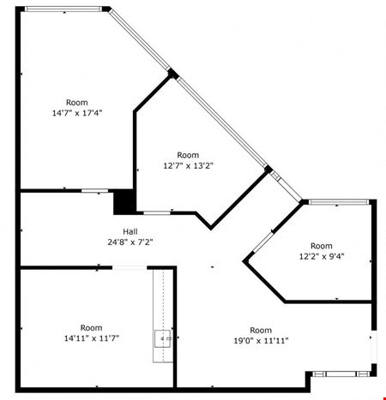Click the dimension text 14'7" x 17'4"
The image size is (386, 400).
tap(77, 113)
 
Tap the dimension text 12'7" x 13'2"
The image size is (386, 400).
tap(188, 165)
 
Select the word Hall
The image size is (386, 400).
tap(130, 231)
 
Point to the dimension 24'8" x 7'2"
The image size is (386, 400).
tap(130, 242)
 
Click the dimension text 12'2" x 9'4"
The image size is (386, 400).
tap(322, 256)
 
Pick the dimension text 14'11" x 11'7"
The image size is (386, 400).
tap(92, 338)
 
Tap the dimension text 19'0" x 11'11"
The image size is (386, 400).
tap(261, 341)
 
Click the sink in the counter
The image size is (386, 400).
tap(163, 339)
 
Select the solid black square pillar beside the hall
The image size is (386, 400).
tap(124, 201)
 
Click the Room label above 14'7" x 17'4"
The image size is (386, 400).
tap(77, 103)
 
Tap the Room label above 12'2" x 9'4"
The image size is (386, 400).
tap(322, 246)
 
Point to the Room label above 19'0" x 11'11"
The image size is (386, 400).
tap(261, 330)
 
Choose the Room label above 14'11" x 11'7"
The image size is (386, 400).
tap(92, 328)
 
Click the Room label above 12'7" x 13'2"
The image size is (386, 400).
tap(188, 155)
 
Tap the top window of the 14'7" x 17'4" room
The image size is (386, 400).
tap(63, 9)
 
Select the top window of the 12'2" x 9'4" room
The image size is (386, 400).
tap(339, 202)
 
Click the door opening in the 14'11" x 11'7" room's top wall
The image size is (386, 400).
tap(130, 267)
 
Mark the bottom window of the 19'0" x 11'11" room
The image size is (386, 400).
tap(341, 373)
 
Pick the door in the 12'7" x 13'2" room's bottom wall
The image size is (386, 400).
tap(157, 212)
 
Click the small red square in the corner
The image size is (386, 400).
tap(384, 398)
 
